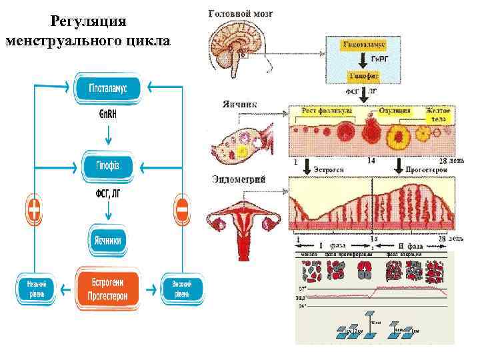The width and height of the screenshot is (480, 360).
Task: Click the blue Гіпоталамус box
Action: tap(108, 89)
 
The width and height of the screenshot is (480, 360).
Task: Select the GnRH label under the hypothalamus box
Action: tap(108, 113)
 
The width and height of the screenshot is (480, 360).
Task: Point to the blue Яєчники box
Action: tap(108, 241)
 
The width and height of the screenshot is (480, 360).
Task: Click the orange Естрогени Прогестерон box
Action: tap(108, 288)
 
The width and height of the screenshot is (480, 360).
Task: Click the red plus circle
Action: tap(35, 209)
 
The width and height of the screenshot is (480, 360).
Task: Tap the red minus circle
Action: tap(181, 209)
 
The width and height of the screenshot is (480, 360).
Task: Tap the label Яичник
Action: tap(242, 105)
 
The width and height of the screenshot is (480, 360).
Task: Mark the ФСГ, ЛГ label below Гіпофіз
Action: tap(108, 194)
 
